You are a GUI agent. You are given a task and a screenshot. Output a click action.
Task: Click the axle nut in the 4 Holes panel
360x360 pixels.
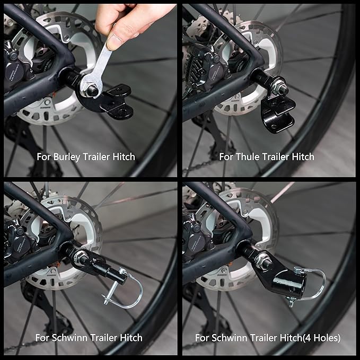(264, 260)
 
